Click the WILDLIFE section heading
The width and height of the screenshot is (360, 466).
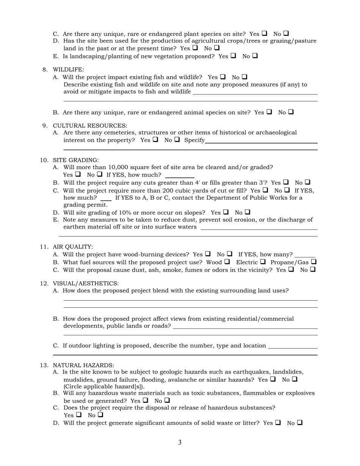[68, 70]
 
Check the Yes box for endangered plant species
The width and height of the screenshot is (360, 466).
[264, 33]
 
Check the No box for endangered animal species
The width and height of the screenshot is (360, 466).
[291, 112]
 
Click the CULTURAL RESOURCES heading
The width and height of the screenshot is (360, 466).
[90, 126]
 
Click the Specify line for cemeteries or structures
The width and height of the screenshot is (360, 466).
[261, 141]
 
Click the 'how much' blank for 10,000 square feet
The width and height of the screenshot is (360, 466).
[180, 175]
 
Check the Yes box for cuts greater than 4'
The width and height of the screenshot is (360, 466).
[286, 182]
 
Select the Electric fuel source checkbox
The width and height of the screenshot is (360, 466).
[263, 262]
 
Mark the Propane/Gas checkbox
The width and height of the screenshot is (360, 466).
[313, 262]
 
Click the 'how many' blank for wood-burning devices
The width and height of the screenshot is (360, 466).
[305, 255]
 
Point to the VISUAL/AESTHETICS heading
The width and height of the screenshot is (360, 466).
[85, 283]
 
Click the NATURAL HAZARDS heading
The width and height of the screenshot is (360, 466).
[83, 365]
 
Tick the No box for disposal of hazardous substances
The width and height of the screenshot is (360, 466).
[100, 415]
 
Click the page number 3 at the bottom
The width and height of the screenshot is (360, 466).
[180, 443]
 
